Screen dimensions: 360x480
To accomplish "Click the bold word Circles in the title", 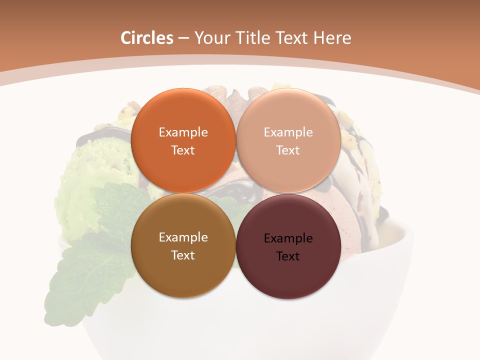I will (x=146, y=38).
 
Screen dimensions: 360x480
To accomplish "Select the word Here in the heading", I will (x=332, y=38).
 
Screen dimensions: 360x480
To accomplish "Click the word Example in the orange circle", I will (x=183, y=132).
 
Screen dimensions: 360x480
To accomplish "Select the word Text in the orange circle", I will (x=183, y=150).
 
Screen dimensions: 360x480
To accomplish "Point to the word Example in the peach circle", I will (x=288, y=132).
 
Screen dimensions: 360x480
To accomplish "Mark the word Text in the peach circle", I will (x=288, y=150).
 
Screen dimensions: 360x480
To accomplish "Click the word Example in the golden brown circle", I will (x=183, y=237).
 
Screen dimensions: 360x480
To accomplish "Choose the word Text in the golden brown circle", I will (x=183, y=255).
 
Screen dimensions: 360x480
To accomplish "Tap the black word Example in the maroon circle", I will (x=288, y=238).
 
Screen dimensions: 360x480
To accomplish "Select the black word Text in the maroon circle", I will (x=288, y=256).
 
